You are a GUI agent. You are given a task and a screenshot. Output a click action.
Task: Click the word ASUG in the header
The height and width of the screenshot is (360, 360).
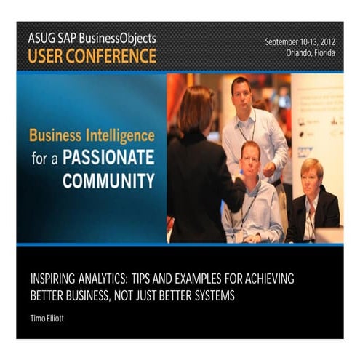coord(41,37)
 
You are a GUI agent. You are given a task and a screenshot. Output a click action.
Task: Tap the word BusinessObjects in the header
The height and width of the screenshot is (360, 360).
coord(119,37)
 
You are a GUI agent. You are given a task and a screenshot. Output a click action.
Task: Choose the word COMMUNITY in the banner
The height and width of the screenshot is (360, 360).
coord(108,180)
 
